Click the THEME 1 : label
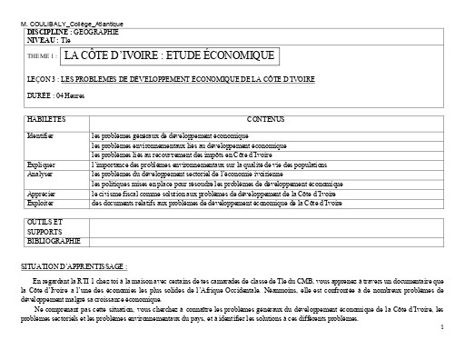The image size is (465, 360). (x=43, y=57)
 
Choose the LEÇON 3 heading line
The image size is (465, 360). (x=172, y=80)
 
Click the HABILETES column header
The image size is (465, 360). (x=46, y=119)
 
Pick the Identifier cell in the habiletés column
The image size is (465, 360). (x=41, y=135)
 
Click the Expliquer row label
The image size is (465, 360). (x=42, y=164)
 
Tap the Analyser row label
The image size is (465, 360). (x=40, y=172)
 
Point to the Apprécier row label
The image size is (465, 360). (x=42, y=195)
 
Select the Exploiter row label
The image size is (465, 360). (x=41, y=203)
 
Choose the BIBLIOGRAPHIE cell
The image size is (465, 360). (x=54, y=240)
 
